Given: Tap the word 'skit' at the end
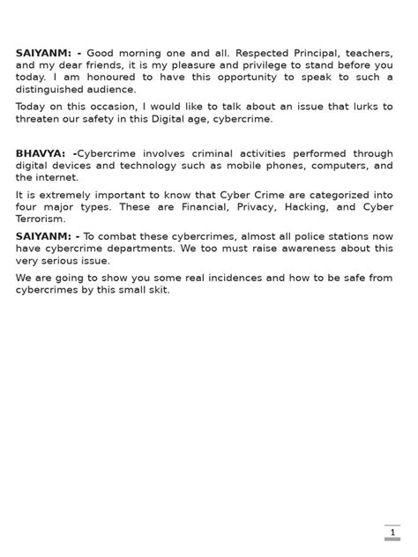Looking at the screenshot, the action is (157, 290).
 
